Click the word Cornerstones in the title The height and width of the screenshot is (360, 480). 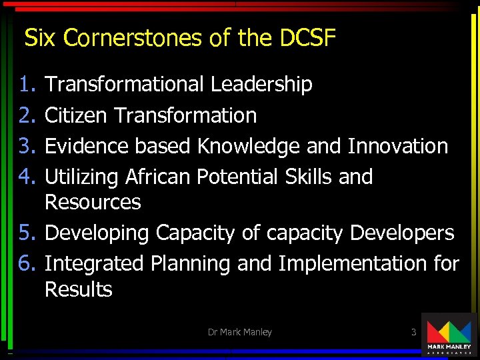pos(135,39)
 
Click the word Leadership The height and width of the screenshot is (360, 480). pos(261,85)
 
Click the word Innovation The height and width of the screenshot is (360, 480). pos(398,146)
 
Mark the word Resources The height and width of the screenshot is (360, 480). pos(93,202)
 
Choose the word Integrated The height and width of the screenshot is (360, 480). pos(94,264)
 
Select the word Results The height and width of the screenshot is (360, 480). pos(79,289)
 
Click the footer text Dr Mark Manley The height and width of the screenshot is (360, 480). pos(240,332)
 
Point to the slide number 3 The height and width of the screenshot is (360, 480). pos(413,331)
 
